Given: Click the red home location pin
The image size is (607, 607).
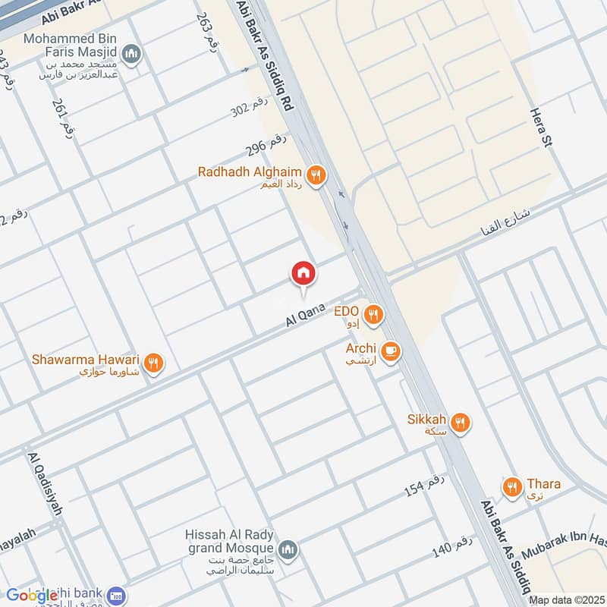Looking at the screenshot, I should (x=303, y=274).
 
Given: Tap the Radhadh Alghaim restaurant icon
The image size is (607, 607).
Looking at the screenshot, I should (x=317, y=176).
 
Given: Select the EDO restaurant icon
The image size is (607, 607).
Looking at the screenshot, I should (x=373, y=314).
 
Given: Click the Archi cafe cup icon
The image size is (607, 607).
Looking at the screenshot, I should (x=391, y=351).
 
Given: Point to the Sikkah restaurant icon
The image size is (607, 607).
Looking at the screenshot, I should (x=461, y=423).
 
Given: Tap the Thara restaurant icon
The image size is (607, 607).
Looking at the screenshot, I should (x=513, y=486).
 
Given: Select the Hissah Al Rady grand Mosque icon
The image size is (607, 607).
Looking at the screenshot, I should (x=288, y=549).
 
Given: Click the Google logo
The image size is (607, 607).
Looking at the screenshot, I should (x=33, y=596).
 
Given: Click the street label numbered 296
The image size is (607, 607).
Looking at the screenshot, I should (x=266, y=142).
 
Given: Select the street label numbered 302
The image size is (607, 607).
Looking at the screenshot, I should (x=250, y=110).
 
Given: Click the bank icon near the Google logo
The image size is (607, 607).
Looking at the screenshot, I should (x=116, y=596).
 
